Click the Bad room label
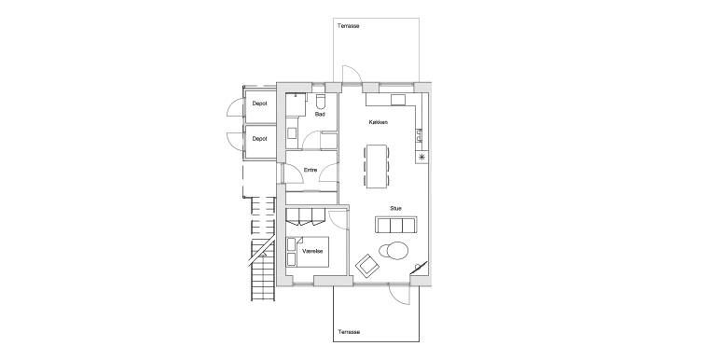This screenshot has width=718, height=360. (320, 114)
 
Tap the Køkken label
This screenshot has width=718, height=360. (379, 122)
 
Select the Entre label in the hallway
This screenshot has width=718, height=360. (311, 170)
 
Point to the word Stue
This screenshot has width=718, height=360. (396, 208)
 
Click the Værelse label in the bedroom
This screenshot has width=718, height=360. (313, 252)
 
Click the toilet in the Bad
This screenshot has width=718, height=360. (321, 102)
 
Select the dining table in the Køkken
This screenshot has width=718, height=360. (377, 166)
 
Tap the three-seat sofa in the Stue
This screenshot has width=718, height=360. (396, 225)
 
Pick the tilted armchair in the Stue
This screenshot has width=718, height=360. (368, 266)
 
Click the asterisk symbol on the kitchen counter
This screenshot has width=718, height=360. (421, 158)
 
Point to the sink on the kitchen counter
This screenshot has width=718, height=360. (419, 135)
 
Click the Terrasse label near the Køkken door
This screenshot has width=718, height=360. (349, 26)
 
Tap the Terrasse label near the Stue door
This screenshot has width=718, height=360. (349, 332)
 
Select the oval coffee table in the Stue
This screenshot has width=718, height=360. (394, 251)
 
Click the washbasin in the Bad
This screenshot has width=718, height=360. (292, 132)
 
